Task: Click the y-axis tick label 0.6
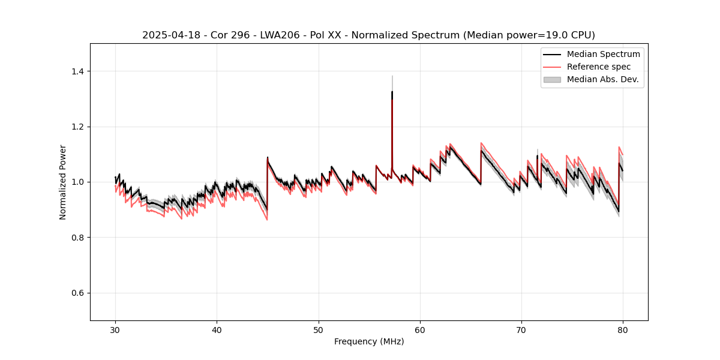coord(77,293)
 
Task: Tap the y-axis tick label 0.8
coord(77,238)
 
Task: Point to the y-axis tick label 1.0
coord(77,182)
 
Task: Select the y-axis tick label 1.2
coord(77,127)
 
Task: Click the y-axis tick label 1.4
coord(77,71)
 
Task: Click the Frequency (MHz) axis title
coord(369,341)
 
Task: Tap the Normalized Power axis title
coord(63,182)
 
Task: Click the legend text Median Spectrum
coord(603,55)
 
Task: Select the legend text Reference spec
coord(599,67)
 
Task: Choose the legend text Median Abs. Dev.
coord(602,79)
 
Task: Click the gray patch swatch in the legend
coord(552,79)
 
